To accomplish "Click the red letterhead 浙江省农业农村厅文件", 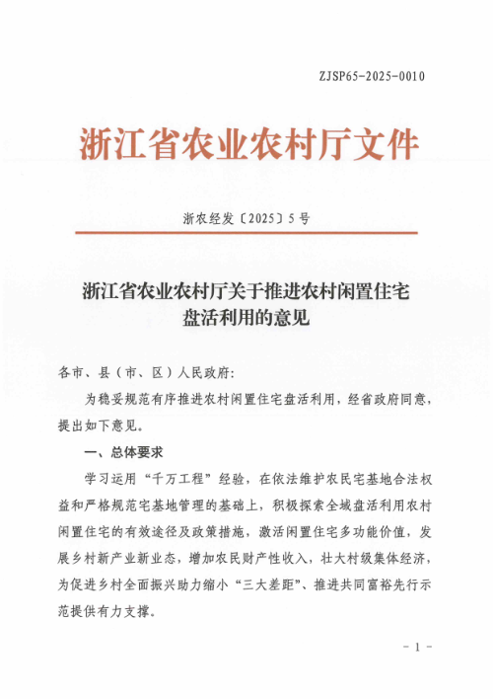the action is [x=247, y=144].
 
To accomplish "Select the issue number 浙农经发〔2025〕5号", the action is [x=246, y=219].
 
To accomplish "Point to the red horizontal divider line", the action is [x=246, y=235].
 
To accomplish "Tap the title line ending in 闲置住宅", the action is [x=246, y=292].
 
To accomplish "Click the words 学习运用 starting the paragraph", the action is [x=111, y=480].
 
